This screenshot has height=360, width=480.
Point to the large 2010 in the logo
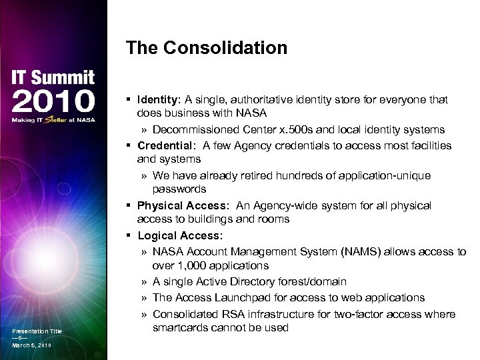coord(53,103)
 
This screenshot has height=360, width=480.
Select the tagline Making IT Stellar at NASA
coord(53,121)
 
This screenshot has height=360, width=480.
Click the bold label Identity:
coord(159,99)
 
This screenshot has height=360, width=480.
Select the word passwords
coord(179,190)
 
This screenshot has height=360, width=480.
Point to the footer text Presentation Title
coord(37,331)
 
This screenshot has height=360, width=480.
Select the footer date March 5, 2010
coord(31,345)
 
